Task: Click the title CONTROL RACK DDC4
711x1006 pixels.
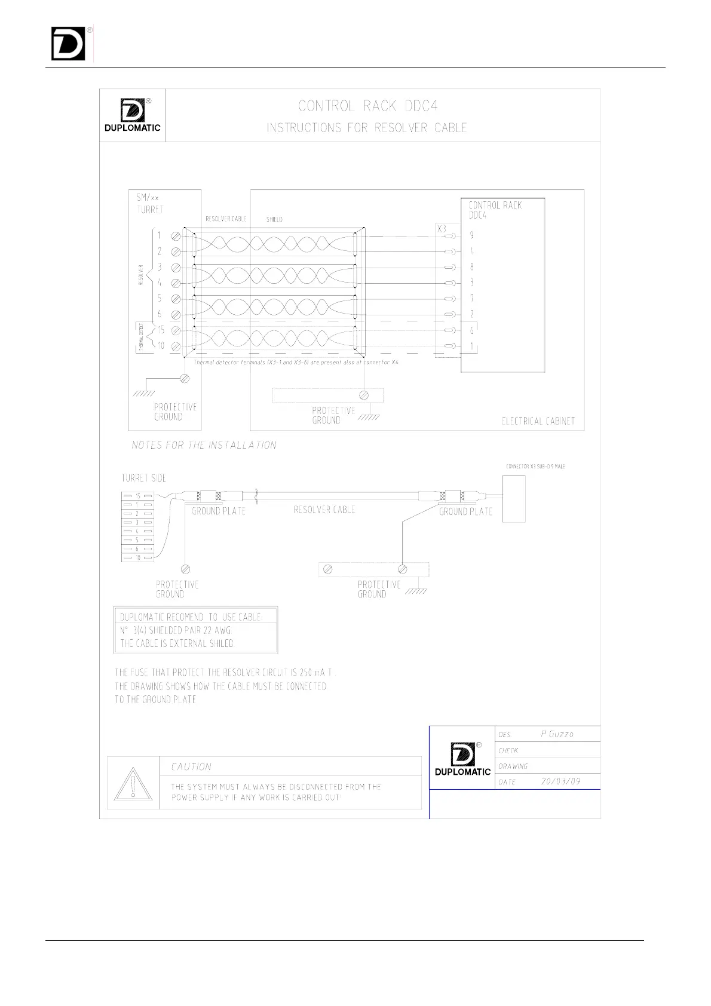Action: [x=368, y=106]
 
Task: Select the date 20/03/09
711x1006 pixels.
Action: [x=560, y=781]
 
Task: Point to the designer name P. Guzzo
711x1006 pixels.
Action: [x=557, y=734]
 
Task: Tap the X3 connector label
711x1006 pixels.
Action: [x=442, y=229]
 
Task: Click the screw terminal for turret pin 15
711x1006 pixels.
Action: [x=176, y=330]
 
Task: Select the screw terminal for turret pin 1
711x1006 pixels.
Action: [x=176, y=236]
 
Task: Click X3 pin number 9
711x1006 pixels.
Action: [x=471, y=236]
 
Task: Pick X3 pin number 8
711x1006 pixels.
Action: [x=471, y=267]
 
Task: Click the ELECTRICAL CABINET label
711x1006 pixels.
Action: [x=538, y=421]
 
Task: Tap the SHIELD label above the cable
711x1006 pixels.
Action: [x=274, y=219]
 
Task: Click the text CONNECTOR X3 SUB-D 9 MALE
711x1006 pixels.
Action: [x=535, y=467]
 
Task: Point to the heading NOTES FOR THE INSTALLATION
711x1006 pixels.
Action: [x=204, y=445]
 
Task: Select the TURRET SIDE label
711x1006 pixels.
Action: [x=143, y=478]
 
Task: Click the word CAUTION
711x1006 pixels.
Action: [x=191, y=767]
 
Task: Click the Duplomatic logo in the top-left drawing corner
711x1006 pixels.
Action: [x=132, y=115]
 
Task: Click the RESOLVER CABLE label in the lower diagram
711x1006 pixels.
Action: [x=324, y=510]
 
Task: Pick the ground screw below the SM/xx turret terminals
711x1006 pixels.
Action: [x=185, y=378]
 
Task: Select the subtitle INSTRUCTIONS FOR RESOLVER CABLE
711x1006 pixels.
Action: [x=367, y=128]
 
